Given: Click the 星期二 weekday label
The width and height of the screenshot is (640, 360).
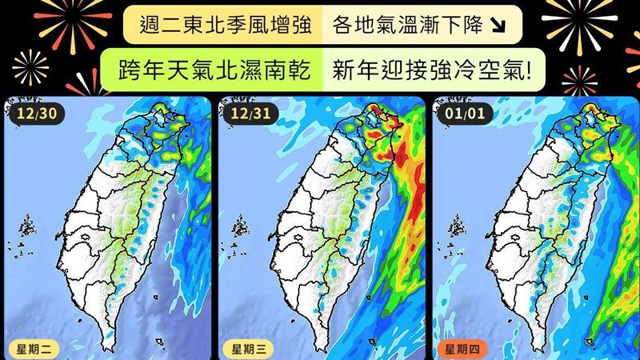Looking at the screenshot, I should pos(30,349).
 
